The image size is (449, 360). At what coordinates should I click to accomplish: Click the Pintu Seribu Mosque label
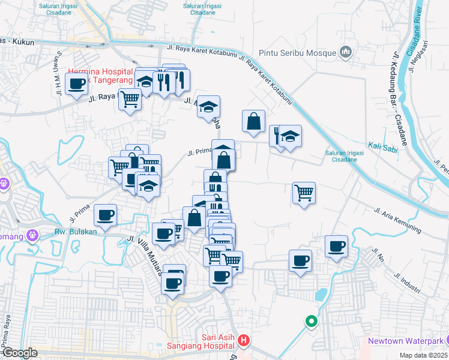click(297, 53)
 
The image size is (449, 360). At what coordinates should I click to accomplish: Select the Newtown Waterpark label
click(405, 341)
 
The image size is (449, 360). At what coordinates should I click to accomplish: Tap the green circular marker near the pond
click(311, 322)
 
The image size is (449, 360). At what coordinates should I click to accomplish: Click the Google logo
click(20, 353)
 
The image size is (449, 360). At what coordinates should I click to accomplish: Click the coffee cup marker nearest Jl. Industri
click(336, 246)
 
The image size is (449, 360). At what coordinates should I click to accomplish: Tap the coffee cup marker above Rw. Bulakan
click(106, 215)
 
